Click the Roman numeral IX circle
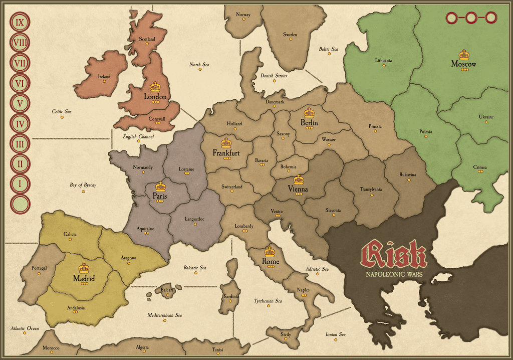[20, 22]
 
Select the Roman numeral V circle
[20, 104]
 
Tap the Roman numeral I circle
[20, 184]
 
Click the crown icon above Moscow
[464, 55]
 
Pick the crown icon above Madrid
[84, 268]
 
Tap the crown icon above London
[155, 87]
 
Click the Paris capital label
[160, 196]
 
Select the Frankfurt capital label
[226, 152]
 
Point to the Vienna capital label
[298, 189]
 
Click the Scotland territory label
[147, 39]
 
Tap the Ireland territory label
[104, 77]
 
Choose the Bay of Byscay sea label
[83, 185]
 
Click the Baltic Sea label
[329, 49]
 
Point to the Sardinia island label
[231, 296]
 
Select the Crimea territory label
[480, 167]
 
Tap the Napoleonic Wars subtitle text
[394, 275]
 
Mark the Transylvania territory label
[371, 189]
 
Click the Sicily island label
[286, 334]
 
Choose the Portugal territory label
[39, 268]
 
